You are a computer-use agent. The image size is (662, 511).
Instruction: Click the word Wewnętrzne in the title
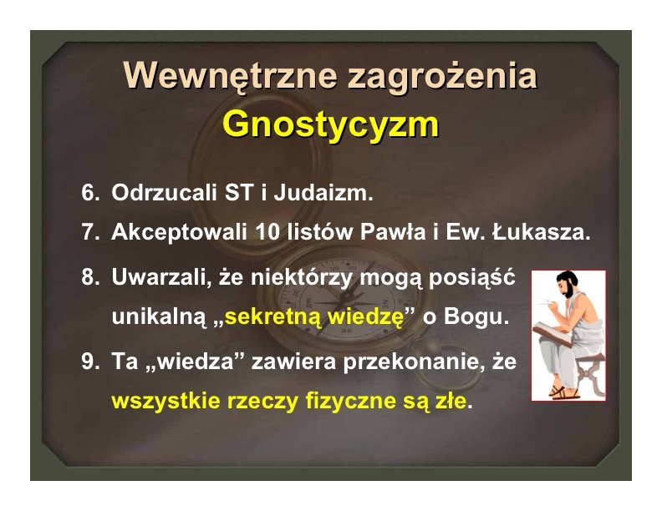pyautogui.click(x=230, y=75)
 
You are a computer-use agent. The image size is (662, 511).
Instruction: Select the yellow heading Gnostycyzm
pyautogui.click(x=330, y=125)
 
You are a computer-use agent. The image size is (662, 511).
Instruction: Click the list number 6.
pyautogui.click(x=90, y=193)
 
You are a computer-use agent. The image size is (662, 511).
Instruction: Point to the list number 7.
pyautogui.click(x=90, y=231)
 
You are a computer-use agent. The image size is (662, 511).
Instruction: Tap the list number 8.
pyautogui.click(x=90, y=277)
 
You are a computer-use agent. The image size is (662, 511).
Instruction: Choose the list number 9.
pyautogui.click(x=90, y=362)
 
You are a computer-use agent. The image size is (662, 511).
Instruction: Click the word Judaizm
pyautogui.click(x=323, y=193)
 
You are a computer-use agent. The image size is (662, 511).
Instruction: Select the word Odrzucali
pyautogui.click(x=164, y=193)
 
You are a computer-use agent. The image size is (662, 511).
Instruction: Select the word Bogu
pyautogui.click(x=476, y=316)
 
